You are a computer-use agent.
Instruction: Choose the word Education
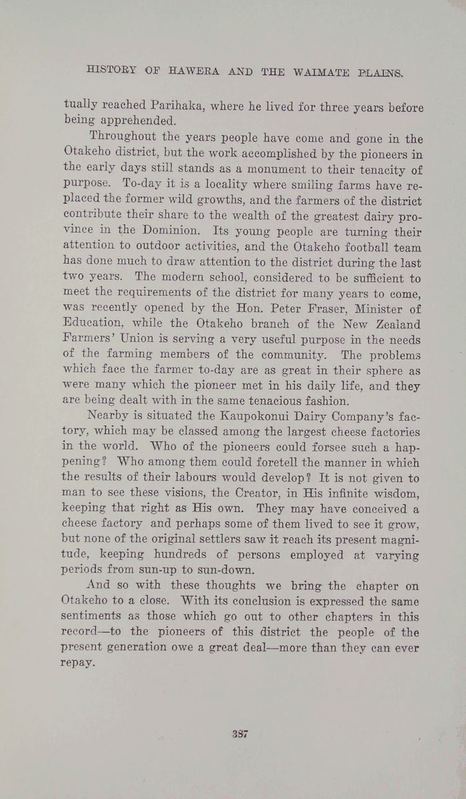click(96, 326)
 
